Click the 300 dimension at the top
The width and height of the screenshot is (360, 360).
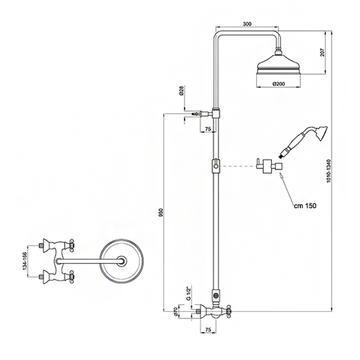coord(247,24)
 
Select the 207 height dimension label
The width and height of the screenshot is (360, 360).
coord(322,53)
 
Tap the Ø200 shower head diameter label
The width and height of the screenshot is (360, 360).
coord(279,84)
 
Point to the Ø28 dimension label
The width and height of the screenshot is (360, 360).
coord(181,91)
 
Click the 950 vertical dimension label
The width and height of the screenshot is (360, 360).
coord(161,212)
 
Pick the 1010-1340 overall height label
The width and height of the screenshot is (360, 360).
coord(329,171)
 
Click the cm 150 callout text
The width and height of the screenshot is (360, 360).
coord(305,206)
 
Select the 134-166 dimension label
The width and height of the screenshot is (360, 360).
coord(25,261)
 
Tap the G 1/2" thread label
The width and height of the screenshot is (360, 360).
coord(189,293)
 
